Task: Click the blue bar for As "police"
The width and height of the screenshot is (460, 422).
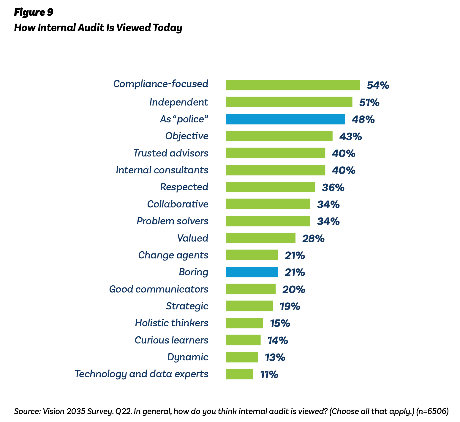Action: (285, 119)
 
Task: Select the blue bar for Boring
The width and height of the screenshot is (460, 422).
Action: (252, 272)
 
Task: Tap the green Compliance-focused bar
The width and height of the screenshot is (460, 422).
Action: (293, 85)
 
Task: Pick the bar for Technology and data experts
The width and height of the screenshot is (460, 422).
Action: (239, 374)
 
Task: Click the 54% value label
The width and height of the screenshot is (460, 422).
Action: (378, 85)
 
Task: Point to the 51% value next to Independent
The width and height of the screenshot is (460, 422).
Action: (369, 103)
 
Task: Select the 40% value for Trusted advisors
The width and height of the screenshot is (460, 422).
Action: (344, 154)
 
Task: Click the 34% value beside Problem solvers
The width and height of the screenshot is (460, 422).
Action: (328, 221)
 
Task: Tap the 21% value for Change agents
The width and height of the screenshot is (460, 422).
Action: (295, 255)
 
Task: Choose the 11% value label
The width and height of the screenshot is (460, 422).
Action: (269, 375)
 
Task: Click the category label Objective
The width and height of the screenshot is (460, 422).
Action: (187, 136)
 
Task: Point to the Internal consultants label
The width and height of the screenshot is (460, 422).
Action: (162, 170)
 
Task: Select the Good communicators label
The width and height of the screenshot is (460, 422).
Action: (159, 289)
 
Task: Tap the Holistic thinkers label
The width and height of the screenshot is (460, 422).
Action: (172, 323)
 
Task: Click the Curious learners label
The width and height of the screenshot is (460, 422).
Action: (171, 340)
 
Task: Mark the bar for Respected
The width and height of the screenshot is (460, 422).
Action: (271, 187)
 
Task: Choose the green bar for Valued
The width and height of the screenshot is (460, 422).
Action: (260, 238)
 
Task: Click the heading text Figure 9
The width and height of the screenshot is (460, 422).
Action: (34, 12)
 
